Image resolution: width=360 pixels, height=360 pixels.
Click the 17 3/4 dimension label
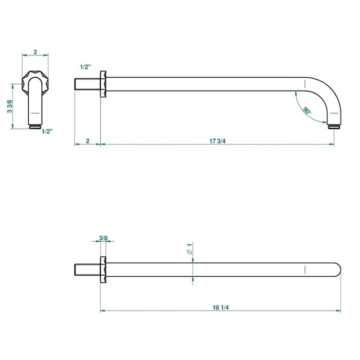[x=217, y=141]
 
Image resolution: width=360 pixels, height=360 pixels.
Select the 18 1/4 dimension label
[x=221, y=308]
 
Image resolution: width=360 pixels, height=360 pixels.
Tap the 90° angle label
[x=307, y=111]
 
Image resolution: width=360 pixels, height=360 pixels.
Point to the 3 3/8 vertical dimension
[x=9, y=106]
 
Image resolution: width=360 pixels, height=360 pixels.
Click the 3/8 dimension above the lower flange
[x=103, y=238]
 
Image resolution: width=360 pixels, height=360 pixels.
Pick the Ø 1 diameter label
[x=190, y=249]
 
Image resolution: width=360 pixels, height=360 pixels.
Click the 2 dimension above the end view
[x=35, y=52]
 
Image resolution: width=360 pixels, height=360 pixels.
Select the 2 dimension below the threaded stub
[x=88, y=141]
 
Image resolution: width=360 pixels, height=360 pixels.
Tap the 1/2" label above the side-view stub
[x=85, y=67]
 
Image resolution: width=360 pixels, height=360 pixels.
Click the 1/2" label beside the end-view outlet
[x=47, y=132]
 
